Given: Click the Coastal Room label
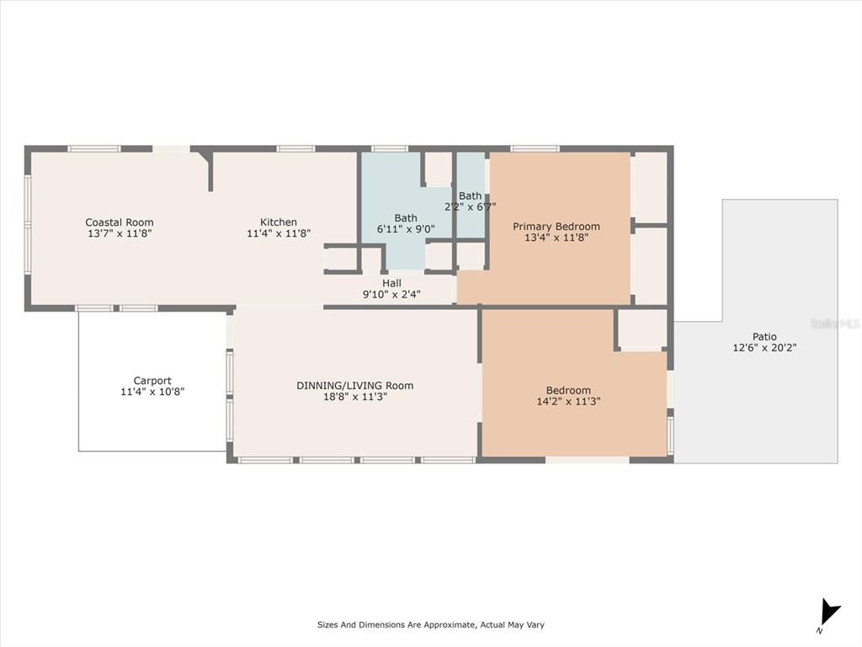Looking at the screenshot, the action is point(120,222).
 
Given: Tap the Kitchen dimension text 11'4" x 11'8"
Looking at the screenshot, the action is point(279,233).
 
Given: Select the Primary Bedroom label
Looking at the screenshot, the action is point(556,227).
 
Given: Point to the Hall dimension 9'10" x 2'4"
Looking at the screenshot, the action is point(391,294).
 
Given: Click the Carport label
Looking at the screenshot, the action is point(152,381).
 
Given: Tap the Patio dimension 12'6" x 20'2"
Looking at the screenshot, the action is point(764,348).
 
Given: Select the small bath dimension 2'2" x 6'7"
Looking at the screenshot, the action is point(470,207).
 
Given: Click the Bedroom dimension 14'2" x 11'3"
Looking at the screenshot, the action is point(568,402).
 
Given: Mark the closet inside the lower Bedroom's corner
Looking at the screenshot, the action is point(641,329).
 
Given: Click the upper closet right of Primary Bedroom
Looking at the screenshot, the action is point(649,188).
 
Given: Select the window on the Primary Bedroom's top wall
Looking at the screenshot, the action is point(535,148).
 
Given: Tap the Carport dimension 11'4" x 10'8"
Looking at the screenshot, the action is point(152,392).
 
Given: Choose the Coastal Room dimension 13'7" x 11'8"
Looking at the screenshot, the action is point(120,233).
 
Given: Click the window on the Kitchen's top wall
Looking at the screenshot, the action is point(295,148).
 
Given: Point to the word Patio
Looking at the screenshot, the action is point(764,337).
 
